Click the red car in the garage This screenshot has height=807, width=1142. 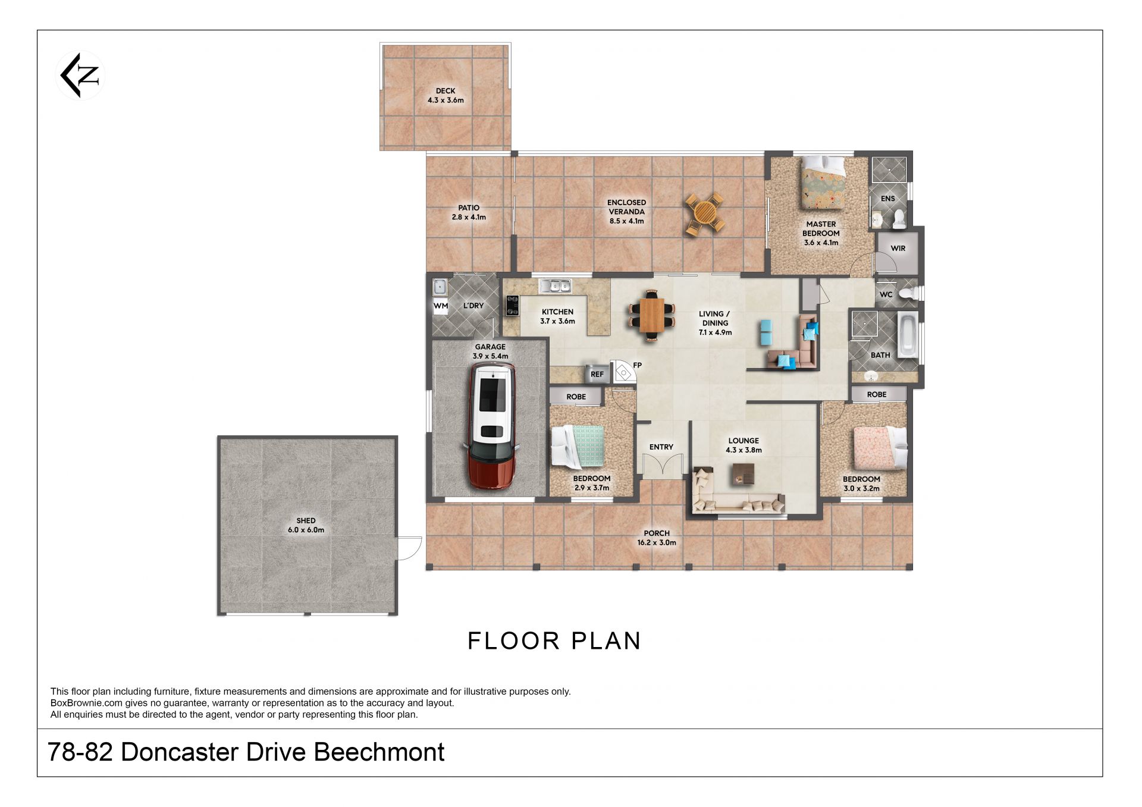click(x=492, y=426)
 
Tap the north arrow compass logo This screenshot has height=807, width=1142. click(x=80, y=76)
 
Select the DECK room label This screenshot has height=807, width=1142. click(x=445, y=91)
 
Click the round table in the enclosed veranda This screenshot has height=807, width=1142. click(x=705, y=212)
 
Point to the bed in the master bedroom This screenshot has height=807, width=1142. click(x=824, y=182)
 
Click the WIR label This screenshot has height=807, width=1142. click(x=898, y=249)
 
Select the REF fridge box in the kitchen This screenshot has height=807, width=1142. click(x=597, y=373)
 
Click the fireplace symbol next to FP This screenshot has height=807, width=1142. click(x=623, y=371)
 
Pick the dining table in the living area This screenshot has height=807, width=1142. click(x=652, y=315)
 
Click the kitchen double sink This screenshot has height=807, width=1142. click(x=555, y=286)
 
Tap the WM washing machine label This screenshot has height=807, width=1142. click(x=441, y=306)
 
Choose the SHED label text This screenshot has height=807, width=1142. click(x=306, y=521)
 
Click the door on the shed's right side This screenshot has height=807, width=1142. click(x=409, y=547)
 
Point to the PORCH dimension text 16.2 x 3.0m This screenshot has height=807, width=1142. click(x=657, y=542)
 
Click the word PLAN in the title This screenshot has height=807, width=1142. click(x=606, y=641)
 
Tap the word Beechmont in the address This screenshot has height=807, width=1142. click(x=379, y=752)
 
